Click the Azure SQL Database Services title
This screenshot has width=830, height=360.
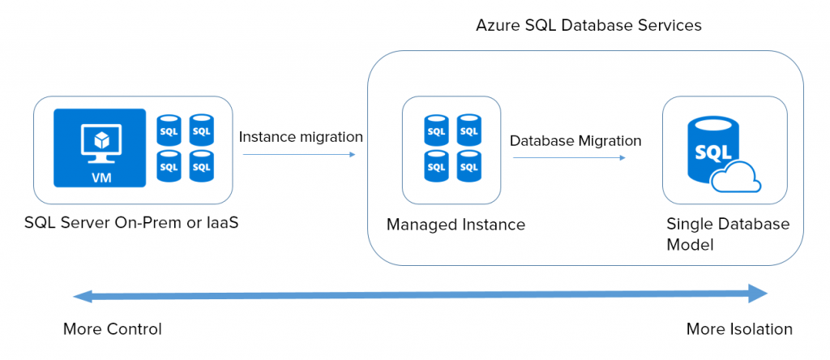tap(588, 25)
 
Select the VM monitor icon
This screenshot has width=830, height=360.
tap(101, 141)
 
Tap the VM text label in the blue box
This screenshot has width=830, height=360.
tap(101, 178)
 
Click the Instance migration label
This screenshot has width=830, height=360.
tap(301, 137)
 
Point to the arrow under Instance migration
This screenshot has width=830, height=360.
tap(299, 155)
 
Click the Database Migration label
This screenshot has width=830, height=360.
tap(575, 141)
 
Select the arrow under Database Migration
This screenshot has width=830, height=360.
tap(569, 158)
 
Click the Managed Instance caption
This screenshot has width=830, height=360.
tap(456, 225)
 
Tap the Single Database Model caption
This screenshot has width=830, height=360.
tap(728, 234)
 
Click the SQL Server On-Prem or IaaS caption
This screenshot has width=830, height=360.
tap(131, 223)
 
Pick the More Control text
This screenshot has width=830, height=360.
tap(112, 329)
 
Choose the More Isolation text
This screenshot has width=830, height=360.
tap(739, 329)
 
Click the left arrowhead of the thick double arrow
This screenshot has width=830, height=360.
tap(83, 297)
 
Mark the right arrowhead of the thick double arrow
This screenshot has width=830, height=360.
tap(758, 293)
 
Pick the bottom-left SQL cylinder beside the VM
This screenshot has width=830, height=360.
tap(169, 165)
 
